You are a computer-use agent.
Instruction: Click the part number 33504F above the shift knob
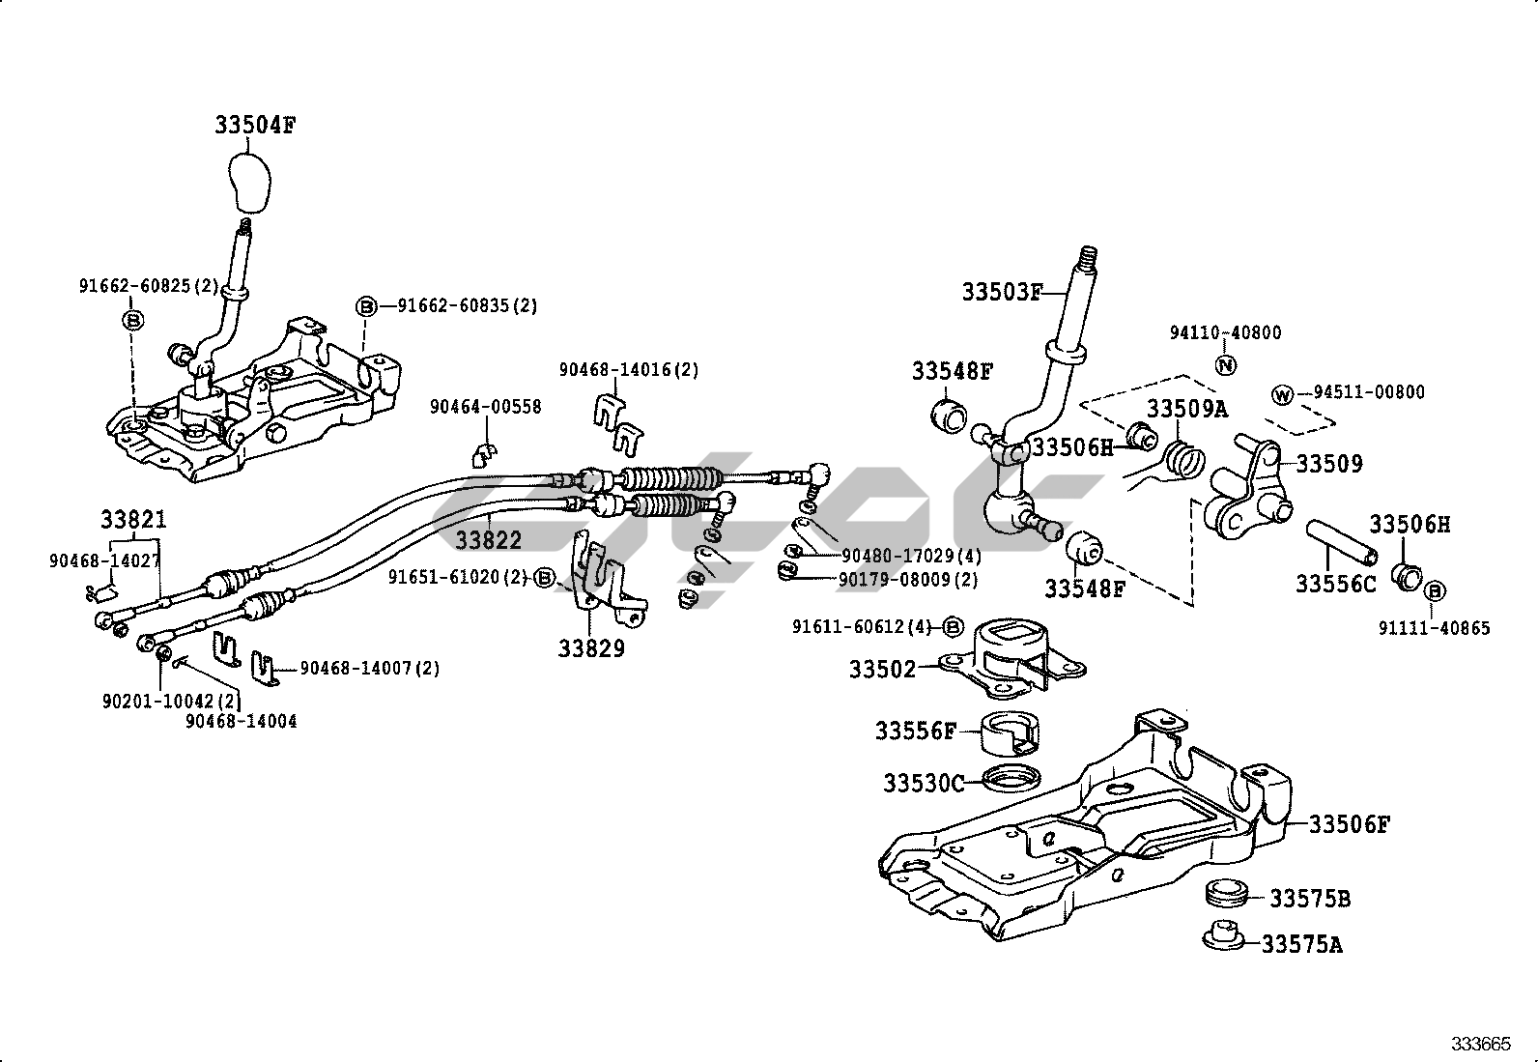pos(255,126)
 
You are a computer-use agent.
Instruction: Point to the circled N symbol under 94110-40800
pos(1225,365)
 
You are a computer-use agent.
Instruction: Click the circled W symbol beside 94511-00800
pos(1283,394)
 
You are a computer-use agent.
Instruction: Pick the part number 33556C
pos(1335,584)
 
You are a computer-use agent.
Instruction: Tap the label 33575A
pos(1301,944)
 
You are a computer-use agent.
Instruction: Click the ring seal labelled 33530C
pos(1011,776)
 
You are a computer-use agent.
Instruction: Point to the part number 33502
pos(882,668)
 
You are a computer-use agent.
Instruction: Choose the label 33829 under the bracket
pos(591,648)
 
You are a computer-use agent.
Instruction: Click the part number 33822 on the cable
pos(489,539)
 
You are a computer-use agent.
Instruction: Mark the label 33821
pos(133,520)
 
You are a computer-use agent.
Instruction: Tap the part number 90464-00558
pos(486,407)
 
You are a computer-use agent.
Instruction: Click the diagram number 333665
pos(1480,1044)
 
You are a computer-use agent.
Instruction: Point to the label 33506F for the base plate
pos(1350,824)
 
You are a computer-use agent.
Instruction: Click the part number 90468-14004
pos(242,721)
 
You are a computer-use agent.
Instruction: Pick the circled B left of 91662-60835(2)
pos(366,306)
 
